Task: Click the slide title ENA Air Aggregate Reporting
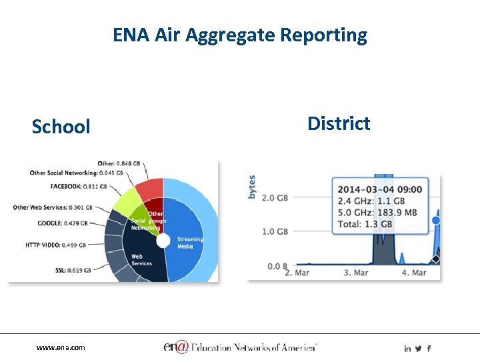[x=240, y=35]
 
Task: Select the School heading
[x=61, y=127]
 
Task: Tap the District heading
[x=339, y=123]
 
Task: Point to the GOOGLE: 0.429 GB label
[x=65, y=223]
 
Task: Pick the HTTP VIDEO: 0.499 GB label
[x=56, y=245]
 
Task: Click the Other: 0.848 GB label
[x=119, y=163]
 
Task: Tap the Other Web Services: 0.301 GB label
[x=53, y=207]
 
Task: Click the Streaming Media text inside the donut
[x=190, y=243]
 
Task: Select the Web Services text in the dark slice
[x=141, y=259]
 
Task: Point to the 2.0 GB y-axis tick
[x=273, y=197]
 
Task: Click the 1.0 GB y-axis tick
[x=273, y=231]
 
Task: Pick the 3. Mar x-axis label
[x=356, y=273]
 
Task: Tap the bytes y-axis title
[x=252, y=187]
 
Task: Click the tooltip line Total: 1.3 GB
[x=366, y=224]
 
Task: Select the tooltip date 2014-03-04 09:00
[x=379, y=189]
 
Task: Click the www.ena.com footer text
[x=61, y=348]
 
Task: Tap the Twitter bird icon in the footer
[x=418, y=349]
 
